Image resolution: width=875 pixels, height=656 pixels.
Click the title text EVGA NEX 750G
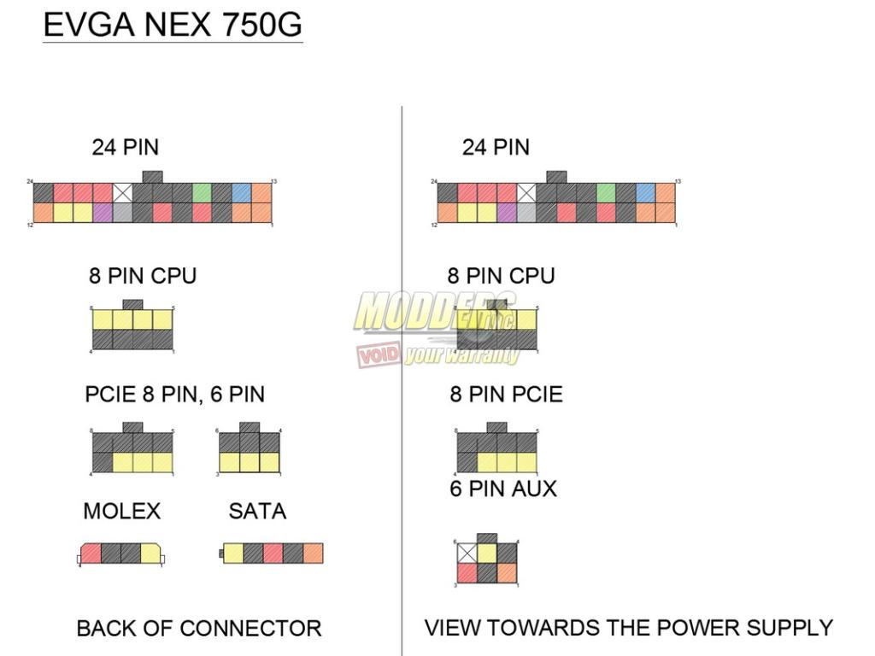172,26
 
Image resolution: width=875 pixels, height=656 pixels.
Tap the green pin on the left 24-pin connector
202,193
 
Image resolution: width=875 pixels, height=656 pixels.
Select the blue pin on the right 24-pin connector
645,193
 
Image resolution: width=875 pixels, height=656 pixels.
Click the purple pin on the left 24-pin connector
103,213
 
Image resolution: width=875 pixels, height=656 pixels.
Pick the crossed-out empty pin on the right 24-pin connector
526,193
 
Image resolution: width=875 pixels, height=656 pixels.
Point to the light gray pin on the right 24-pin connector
526,213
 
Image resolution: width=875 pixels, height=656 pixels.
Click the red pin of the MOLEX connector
91,553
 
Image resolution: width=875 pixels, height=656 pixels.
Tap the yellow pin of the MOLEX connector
150,553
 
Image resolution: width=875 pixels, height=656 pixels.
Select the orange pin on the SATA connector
313,553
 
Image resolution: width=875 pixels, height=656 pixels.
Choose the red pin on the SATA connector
273,553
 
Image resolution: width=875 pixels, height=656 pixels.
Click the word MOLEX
121,512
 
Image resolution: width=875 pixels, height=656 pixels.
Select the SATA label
257,512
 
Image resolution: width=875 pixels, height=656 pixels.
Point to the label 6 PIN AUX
503,489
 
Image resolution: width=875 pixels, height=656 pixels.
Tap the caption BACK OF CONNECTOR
199,629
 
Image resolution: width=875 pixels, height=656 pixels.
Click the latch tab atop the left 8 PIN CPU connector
132,304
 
